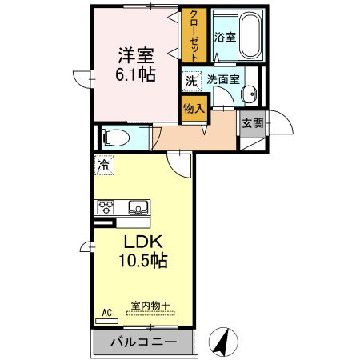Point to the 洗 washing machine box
tap(191, 80)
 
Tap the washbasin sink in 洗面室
tap(250, 94)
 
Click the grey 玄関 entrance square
tap(250, 123)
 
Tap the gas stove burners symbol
tap(106, 207)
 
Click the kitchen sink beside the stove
tap(138, 208)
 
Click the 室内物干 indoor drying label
tap(150, 305)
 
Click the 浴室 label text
tap(224, 36)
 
